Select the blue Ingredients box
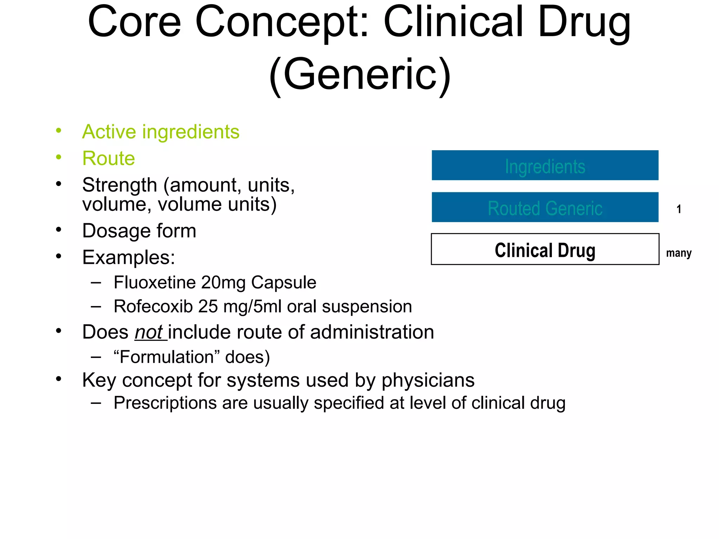pos(545,166)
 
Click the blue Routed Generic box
pos(545,207)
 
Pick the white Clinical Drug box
pos(545,249)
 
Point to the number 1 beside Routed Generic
pos(679,209)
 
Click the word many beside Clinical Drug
pos(679,253)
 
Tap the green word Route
pos(108,158)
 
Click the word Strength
pos(119,185)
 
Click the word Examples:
pos(128,257)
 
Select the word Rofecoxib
pos(153,306)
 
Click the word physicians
pos(428,380)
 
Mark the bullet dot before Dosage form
pos(59,230)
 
